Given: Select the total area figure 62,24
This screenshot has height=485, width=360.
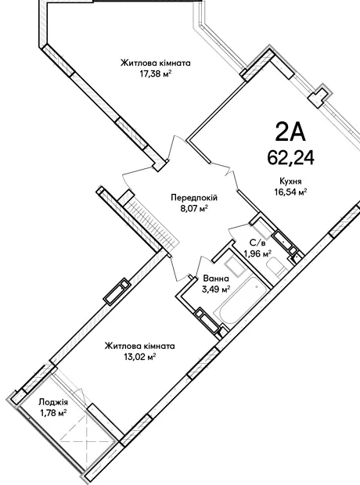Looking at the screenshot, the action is click(x=290, y=157).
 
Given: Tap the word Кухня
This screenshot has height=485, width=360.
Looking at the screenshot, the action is click(x=290, y=181).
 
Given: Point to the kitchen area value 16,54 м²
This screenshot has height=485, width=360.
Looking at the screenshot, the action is click(x=290, y=192).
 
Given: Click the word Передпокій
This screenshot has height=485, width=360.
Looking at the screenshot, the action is click(x=194, y=198).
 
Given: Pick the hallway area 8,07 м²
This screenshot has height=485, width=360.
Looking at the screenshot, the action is click(x=194, y=209).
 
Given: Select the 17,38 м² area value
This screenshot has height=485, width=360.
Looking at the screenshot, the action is click(x=156, y=74).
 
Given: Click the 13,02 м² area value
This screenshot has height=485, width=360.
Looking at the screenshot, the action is click(x=139, y=357).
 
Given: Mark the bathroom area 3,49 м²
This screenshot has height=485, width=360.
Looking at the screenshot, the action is click(x=216, y=289).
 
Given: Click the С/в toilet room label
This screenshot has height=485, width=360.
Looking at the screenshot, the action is click(x=257, y=243).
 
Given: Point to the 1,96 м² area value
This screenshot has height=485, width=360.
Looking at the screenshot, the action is click(x=257, y=254).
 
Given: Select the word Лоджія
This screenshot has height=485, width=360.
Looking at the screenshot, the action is click(x=53, y=402).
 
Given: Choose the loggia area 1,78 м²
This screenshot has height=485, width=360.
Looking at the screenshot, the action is click(x=53, y=413).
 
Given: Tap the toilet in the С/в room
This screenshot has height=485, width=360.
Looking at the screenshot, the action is click(x=277, y=267).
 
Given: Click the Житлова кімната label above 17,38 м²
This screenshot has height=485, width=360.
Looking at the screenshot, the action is click(x=156, y=63).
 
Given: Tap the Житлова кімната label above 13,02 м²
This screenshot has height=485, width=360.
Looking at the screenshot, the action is click(x=139, y=346).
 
